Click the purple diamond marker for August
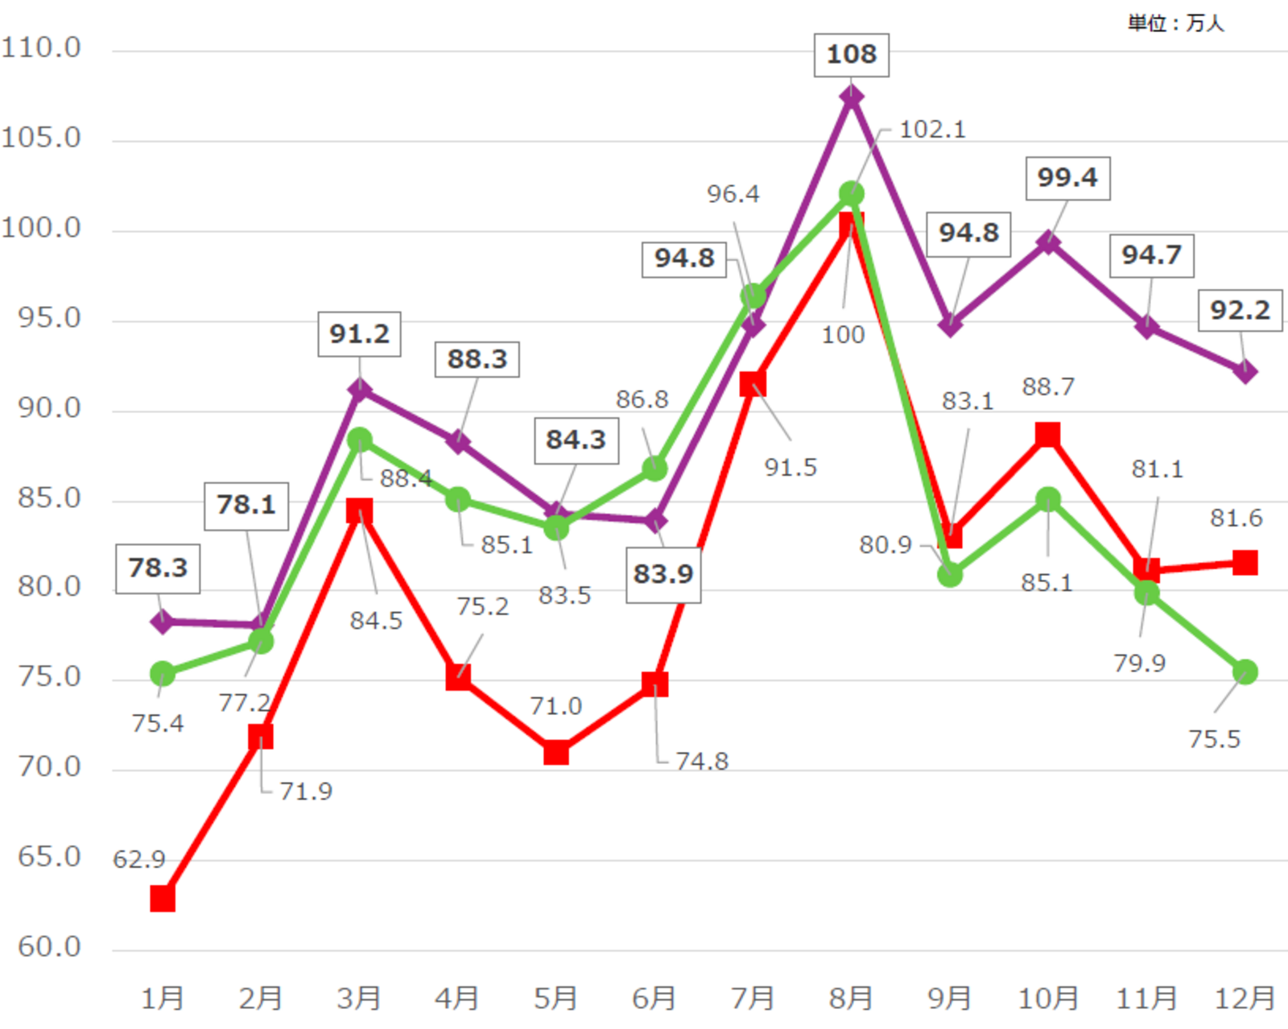[x=852, y=97]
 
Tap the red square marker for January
[x=163, y=899]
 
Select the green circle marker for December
[x=1245, y=672]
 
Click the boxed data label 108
[x=851, y=55]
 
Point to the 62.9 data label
[x=138, y=860]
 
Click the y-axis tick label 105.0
[x=41, y=138]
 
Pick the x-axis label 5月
[x=555, y=998]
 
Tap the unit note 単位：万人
[x=1175, y=23]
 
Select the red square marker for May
[x=556, y=753]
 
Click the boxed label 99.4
[x=1067, y=178]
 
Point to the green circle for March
[x=359, y=440]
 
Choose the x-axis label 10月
[x=1048, y=998]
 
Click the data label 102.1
[x=932, y=129]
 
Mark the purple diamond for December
[x=1245, y=372]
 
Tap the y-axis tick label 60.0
[x=49, y=946]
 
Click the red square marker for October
[x=1047, y=435]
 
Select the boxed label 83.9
[x=663, y=574]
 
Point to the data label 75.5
[x=1214, y=738]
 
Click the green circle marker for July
[x=753, y=295]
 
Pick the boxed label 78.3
[x=158, y=568]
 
